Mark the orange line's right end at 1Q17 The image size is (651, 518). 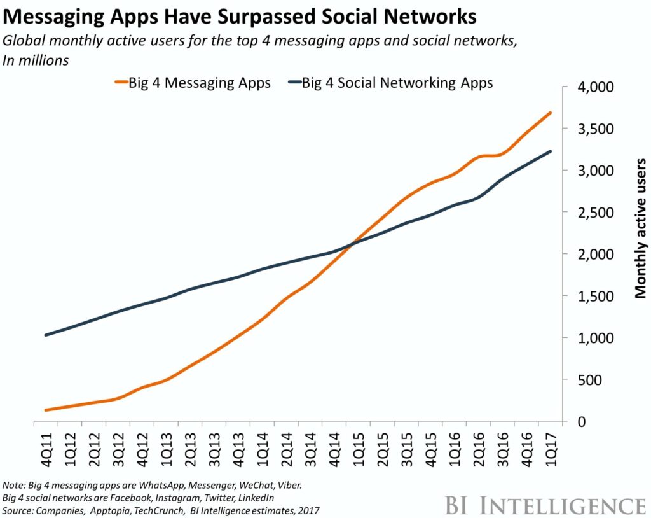pos(551,113)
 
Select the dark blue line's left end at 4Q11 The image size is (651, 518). pos(46,335)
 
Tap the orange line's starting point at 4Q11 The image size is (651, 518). pos(46,410)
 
